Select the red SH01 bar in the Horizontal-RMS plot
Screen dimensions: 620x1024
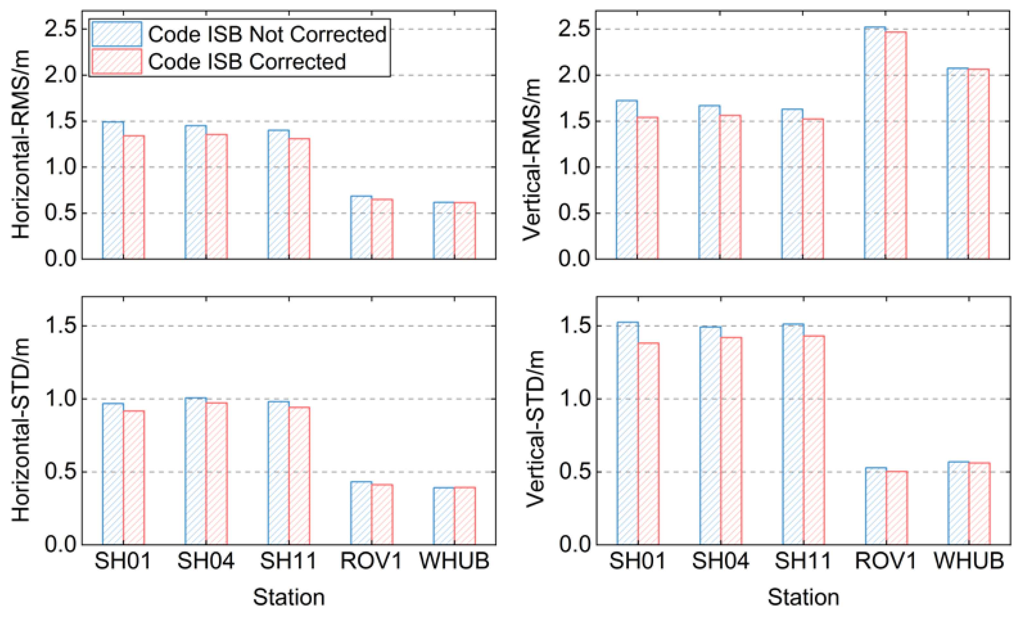coord(134,197)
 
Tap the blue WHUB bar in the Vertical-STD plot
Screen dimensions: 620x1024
coord(958,503)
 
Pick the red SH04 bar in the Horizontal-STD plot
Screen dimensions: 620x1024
coord(217,474)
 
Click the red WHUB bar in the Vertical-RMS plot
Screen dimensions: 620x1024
coord(978,164)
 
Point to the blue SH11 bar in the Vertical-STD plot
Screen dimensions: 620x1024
coord(793,434)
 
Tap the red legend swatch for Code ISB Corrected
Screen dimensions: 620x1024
coord(116,61)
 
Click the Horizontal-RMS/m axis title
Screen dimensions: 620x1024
coord(21,143)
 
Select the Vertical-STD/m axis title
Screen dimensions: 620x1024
coord(535,428)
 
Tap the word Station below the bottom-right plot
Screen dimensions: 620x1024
coord(803,597)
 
